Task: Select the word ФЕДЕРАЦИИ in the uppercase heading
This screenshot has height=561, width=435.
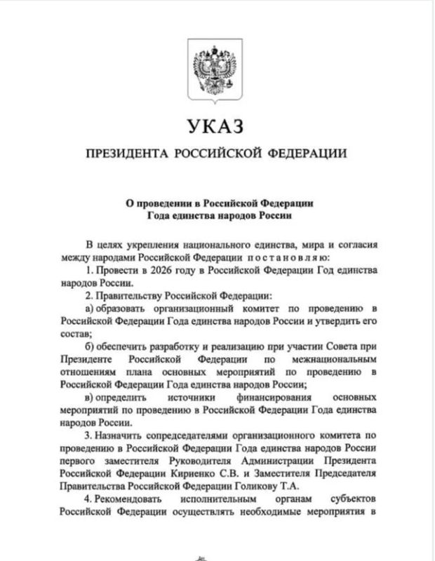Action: [x=308, y=154]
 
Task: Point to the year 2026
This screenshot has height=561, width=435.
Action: [x=154, y=271]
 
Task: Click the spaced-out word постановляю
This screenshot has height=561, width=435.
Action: [x=274, y=258]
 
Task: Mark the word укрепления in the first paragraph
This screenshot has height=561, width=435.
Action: [x=148, y=245]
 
